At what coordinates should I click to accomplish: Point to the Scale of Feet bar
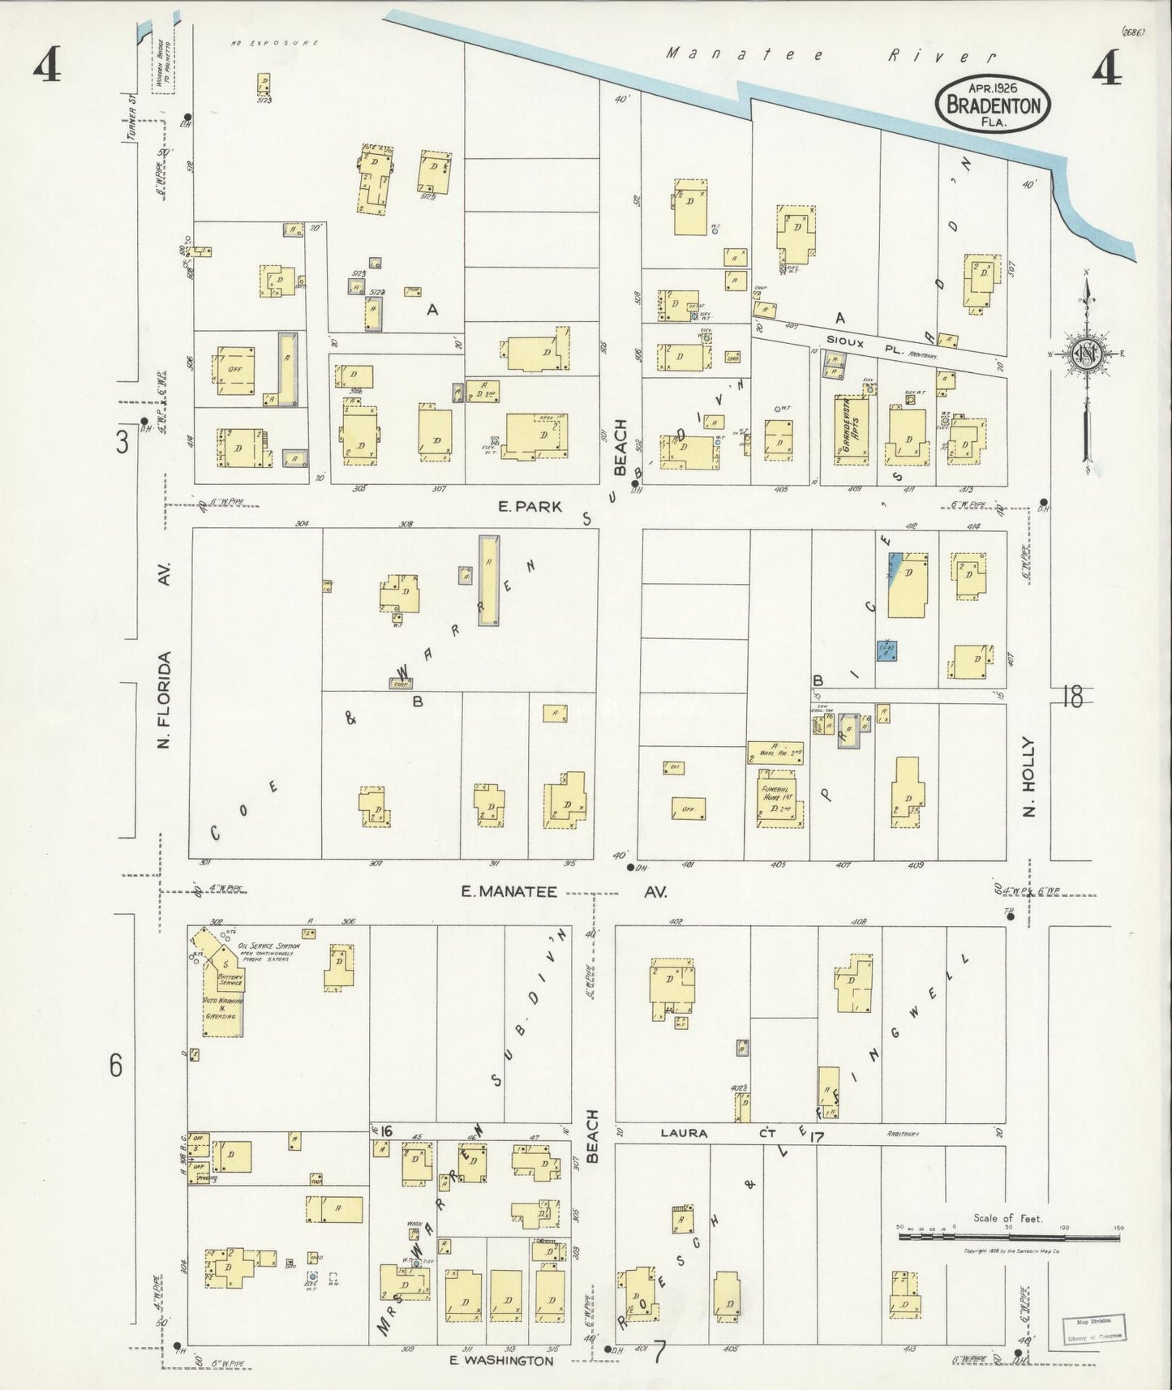1008,1237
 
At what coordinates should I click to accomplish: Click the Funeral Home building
777,798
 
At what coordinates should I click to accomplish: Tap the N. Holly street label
1028,776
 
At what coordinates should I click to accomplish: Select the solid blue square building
887,650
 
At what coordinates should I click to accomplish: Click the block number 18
1071,696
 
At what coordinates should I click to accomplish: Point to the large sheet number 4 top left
47,68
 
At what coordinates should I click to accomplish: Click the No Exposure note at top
273,42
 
